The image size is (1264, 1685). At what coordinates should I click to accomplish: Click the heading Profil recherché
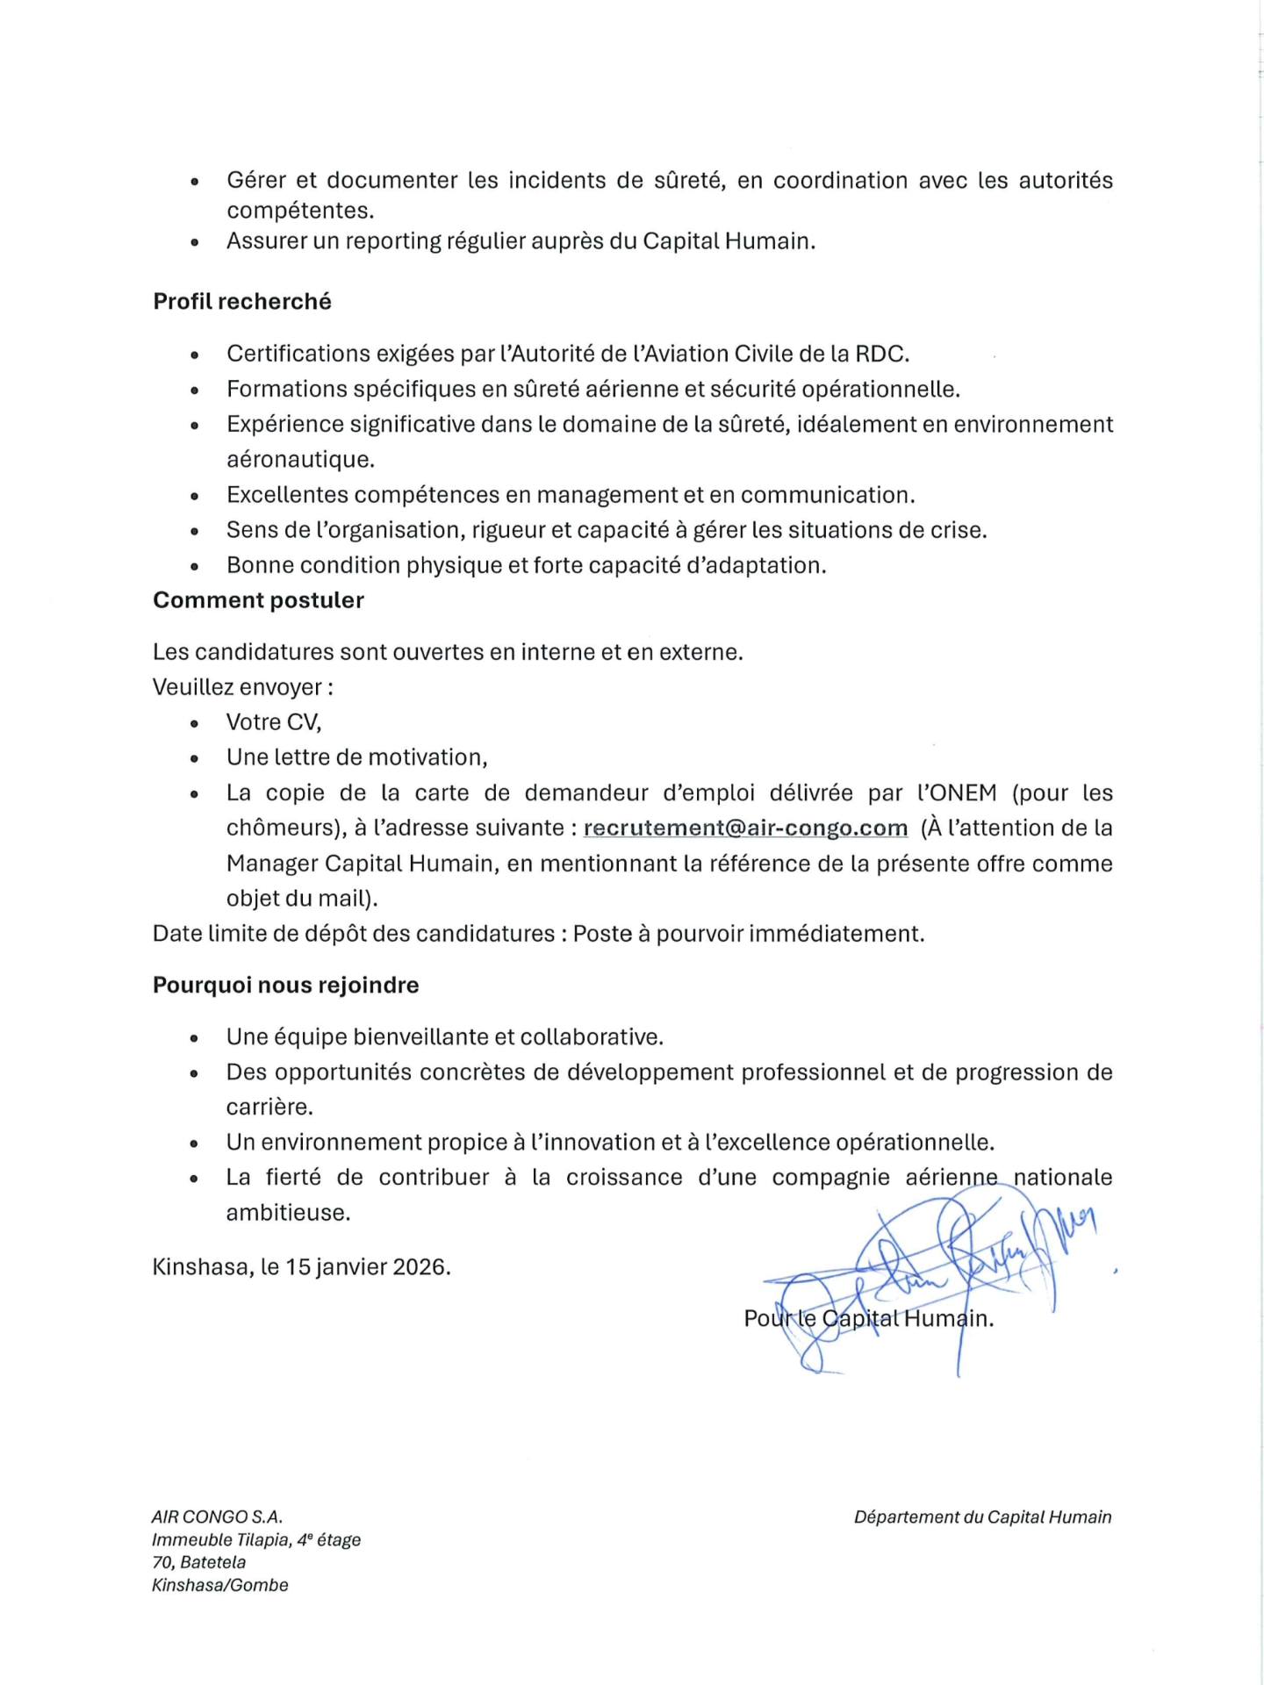[242, 301]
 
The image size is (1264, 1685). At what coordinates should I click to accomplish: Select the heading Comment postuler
[258, 600]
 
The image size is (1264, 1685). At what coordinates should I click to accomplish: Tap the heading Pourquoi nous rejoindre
[285, 985]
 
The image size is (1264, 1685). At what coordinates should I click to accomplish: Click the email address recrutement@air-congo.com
[745, 828]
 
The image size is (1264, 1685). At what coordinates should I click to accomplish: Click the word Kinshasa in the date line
[203, 1266]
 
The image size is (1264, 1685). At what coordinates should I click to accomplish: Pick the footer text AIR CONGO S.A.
[217, 1516]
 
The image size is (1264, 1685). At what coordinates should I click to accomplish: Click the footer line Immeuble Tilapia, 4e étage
[256, 1539]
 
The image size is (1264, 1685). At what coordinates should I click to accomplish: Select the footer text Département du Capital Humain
[982, 1516]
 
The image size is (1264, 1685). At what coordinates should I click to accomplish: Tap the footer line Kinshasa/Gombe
[220, 1585]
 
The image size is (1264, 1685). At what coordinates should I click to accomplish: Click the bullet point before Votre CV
[194, 723]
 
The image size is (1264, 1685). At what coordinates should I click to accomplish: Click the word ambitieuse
[288, 1212]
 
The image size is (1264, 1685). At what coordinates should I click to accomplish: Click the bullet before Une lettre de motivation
[194, 758]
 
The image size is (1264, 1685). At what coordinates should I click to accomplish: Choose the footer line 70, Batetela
[198, 1562]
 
